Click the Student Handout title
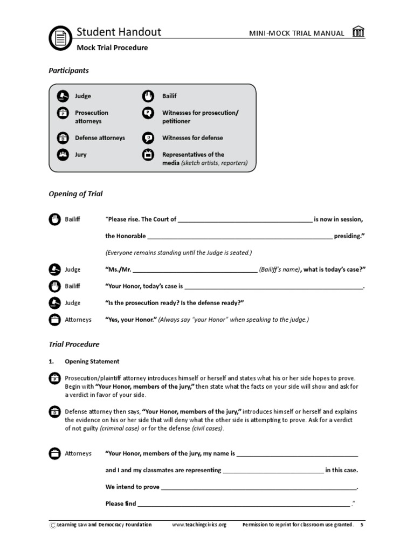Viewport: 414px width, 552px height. pos(119,32)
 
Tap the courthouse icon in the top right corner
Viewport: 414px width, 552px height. pos(358,32)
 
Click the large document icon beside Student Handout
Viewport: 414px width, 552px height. pos(60,38)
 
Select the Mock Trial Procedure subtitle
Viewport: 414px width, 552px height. pos(112,47)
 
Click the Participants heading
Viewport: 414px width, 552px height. pos(68,71)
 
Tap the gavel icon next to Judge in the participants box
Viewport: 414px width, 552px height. pos(63,96)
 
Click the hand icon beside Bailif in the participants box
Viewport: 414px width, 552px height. pos(148,96)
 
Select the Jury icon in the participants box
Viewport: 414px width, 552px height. pos(63,155)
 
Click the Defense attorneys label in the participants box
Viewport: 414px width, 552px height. pos(100,138)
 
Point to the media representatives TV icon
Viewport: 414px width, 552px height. pos(148,155)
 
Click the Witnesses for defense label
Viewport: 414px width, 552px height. pos(192,138)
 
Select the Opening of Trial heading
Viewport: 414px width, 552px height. pos(75,194)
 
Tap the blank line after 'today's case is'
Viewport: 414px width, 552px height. pos(274,287)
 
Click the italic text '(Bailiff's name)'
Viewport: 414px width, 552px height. pos(279,270)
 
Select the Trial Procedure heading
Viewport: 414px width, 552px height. pos(74,344)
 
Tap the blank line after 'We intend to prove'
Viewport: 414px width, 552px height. pos(259,487)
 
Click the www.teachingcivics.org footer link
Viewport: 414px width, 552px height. pos(199,525)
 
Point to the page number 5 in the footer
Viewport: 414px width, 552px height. pos(362,525)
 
